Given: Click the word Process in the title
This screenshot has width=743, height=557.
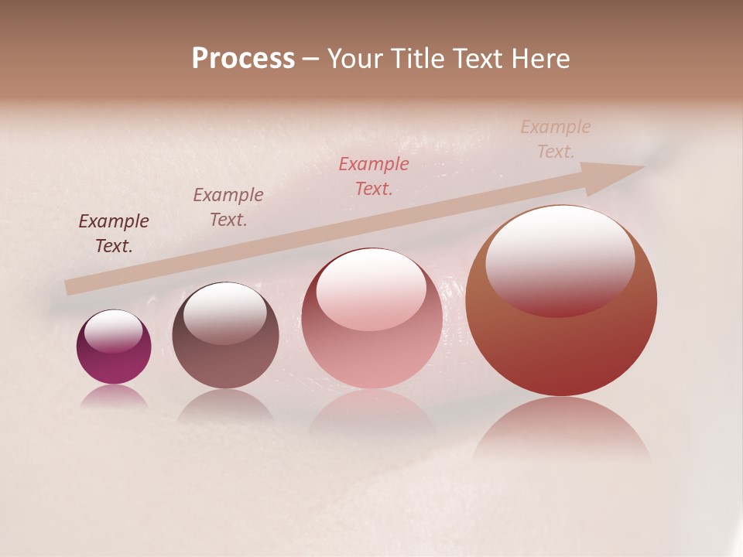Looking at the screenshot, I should pos(243,59).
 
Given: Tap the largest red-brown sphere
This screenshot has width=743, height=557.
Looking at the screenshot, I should pos(561,340).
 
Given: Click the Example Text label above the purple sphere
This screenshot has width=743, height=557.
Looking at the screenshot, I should pos(114,234).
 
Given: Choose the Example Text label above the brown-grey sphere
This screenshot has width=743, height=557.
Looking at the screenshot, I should pos(228,207).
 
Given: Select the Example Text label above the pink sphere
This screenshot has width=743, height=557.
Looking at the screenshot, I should pos(374,176).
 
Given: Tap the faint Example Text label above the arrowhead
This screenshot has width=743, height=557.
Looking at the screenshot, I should pos(556,139).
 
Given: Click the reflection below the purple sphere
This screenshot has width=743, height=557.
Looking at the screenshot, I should pos(114,396).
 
